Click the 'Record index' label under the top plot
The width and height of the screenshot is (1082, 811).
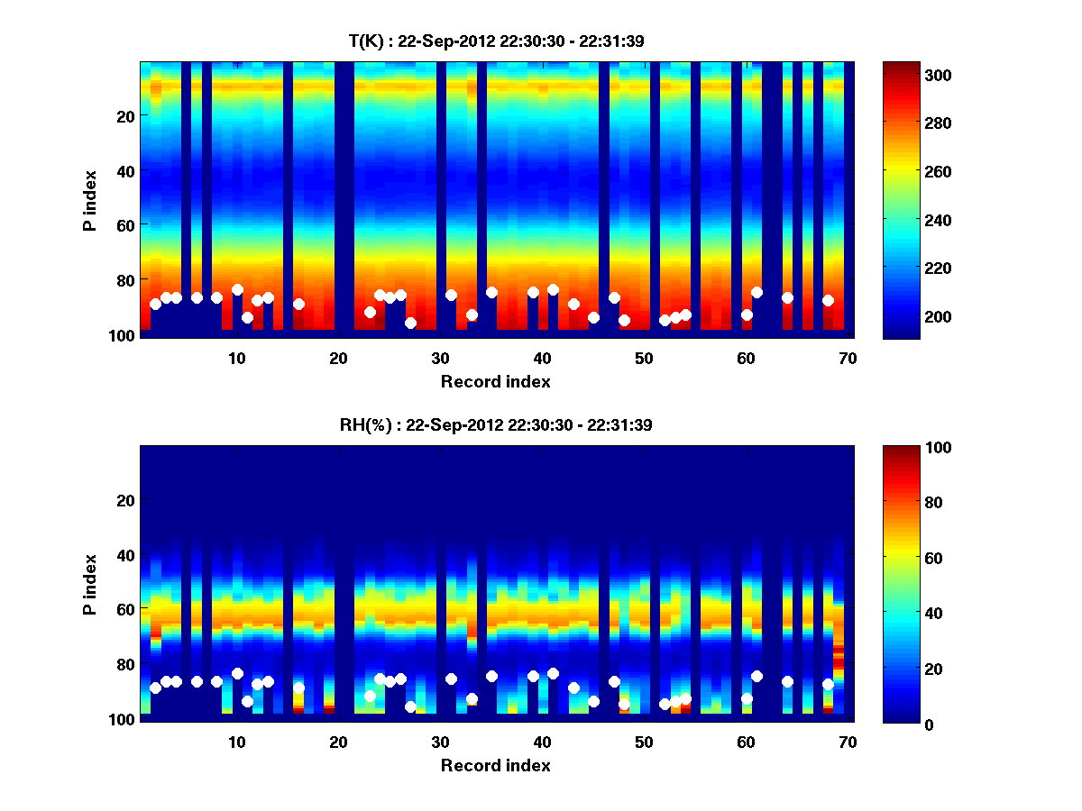tap(495, 381)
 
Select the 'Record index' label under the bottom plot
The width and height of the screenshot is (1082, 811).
tap(495, 765)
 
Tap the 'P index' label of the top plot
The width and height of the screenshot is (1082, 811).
tap(90, 199)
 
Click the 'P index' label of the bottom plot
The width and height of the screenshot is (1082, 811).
tap(90, 583)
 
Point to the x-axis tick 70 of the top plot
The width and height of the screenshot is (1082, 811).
tap(848, 358)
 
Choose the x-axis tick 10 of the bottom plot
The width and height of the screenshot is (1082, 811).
tap(236, 742)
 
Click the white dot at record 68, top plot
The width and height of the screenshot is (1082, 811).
tap(828, 300)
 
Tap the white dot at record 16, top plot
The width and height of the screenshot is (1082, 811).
tap(298, 304)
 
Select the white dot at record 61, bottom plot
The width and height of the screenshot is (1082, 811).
tap(756, 676)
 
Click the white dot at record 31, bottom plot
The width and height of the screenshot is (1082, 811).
tap(451, 679)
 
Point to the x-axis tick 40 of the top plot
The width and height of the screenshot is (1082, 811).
tap(542, 358)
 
